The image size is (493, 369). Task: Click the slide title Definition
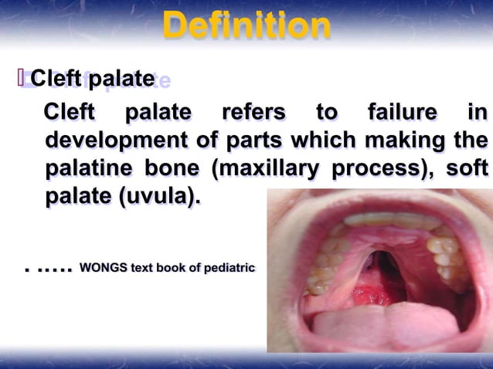coord(246,28)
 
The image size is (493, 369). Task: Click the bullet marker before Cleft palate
coord(21,78)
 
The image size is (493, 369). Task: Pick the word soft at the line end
coord(467,169)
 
